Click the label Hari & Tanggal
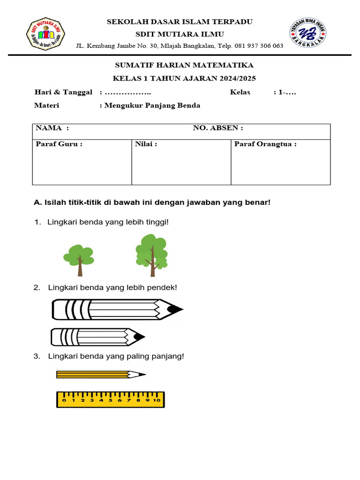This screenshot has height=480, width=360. pyautogui.click(x=63, y=92)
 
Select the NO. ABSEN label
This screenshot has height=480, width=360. pyautogui.click(x=218, y=128)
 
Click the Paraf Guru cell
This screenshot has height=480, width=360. pyautogui.click(x=82, y=162)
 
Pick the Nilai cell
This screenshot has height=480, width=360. pyautogui.click(x=181, y=162)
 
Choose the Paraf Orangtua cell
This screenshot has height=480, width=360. pyautogui.click(x=280, y=162)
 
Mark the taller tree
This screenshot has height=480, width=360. pyautogui.click(x=151, y=255)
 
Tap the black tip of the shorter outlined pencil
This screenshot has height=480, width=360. pyautogui.click(x=139, y=337)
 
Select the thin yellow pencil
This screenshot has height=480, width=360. pyautogui.click(x=100, y=375)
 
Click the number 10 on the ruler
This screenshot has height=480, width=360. pyautogui.click(x=156, y=401)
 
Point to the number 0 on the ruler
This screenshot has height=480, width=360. pyautogui.click(x=64, y=401)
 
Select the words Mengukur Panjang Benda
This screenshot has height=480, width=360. pyautogui.click(x=152, y=105)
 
